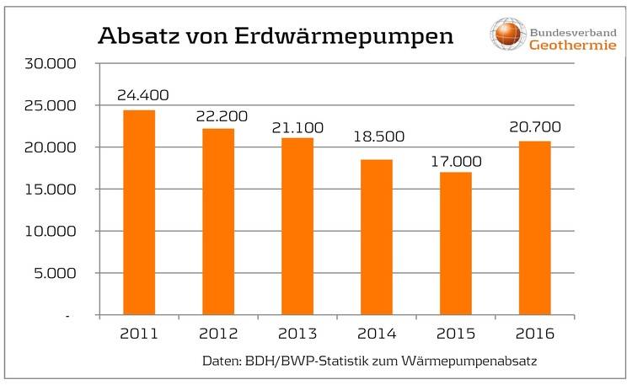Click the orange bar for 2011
139,212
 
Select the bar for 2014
376,237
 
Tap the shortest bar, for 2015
455,243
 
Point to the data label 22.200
218,115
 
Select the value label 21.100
297,127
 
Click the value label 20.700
534,128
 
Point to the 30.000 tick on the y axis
52,63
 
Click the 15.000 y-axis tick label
52,189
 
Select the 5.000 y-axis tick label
56,273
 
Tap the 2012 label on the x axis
218,334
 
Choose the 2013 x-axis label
297,334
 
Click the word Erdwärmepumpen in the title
357,37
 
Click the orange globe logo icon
508,33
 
